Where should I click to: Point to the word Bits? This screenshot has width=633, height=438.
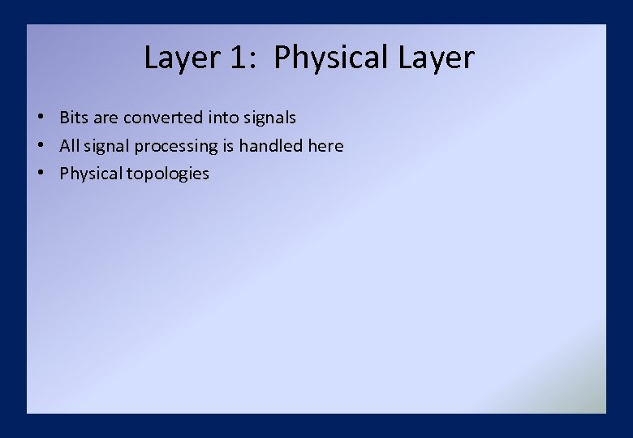click(x=74, y=118)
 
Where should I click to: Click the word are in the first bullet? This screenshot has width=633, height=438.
click(x=105, y=118)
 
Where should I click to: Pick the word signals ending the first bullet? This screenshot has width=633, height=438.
click(x=269, y=118)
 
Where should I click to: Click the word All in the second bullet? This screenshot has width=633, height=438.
click(x=69, y=146)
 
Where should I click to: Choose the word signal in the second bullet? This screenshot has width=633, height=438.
click(x=105, y=147)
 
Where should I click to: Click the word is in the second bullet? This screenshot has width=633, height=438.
click(x=227, y=146)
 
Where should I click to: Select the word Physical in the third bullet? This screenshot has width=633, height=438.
click(x=89, y=174)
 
